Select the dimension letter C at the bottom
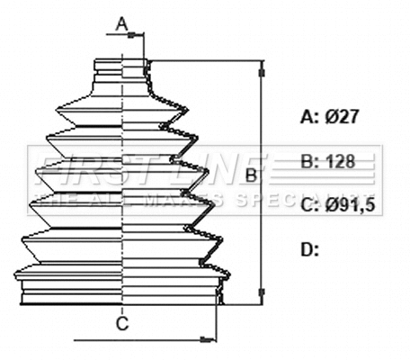tap(122, 323)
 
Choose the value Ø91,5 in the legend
tap(352, 206)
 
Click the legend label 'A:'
tap(308, 116)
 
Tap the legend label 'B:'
tap(308, 162)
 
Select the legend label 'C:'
tap(308, 206)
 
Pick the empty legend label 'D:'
tap(309, 249)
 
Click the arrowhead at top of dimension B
tap(263, 66)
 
